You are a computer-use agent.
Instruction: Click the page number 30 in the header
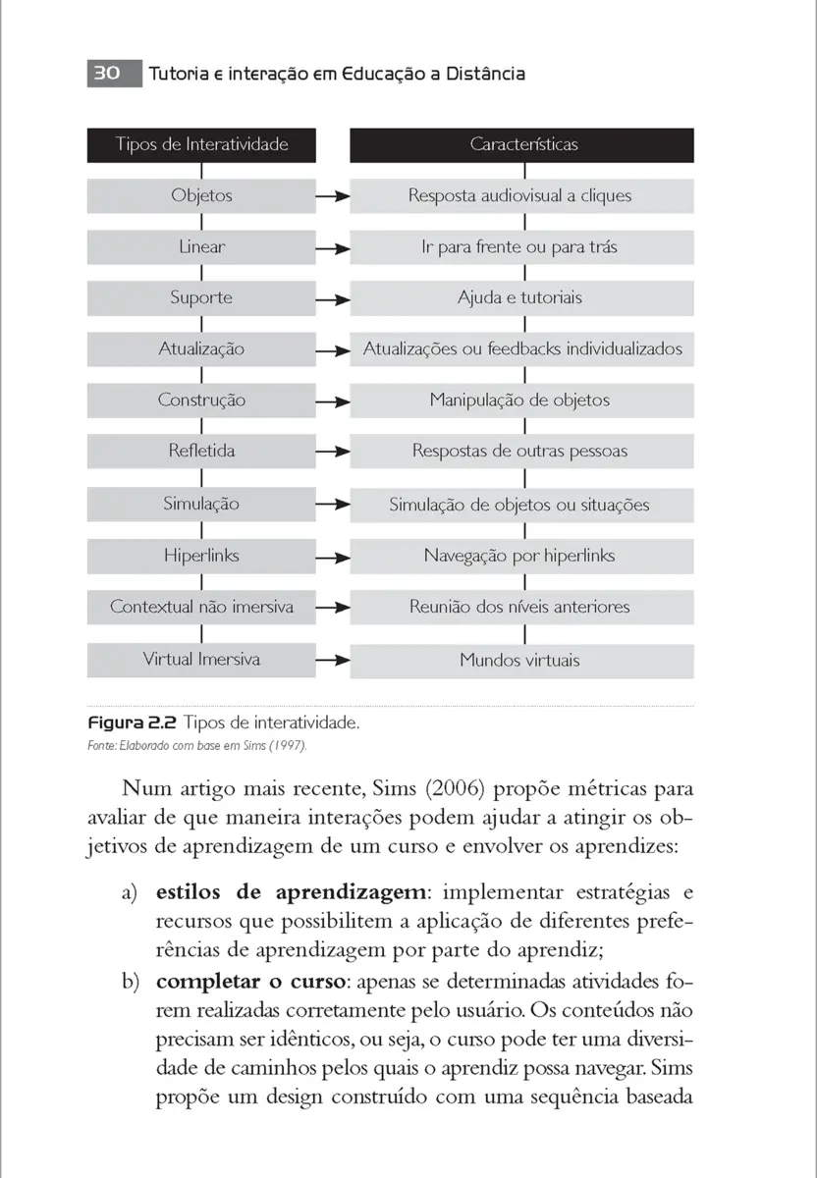tap(107, 74)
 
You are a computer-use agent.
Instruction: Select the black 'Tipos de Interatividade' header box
tap(201, 144)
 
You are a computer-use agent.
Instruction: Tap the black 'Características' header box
tap(521, 144)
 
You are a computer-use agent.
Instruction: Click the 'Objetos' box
tap(201, 195)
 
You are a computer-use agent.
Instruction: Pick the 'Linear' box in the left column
tap(201, 246)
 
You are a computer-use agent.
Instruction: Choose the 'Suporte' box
tap(201, 297)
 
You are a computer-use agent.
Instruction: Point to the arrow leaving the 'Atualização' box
tap(333, 349)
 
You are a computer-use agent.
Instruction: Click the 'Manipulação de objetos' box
tap(521, 401)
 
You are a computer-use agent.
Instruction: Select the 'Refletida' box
tap(201, 452)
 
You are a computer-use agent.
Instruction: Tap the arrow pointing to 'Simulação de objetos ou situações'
tap(333, 505)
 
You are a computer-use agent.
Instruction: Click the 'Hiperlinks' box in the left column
tap(201, 556)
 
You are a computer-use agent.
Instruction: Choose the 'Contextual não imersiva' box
tap(201, 607)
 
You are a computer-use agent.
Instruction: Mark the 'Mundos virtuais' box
tap(521, 661)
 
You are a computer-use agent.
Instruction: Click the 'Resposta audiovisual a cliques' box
tap(521, 195)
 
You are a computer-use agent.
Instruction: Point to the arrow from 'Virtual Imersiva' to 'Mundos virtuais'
tap(333, 660)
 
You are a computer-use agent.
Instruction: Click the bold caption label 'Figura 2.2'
tap(132, 723)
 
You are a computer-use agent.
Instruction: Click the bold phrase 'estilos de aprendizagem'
tap(292, 892)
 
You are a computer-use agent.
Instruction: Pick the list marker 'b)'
tap(131, 982)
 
